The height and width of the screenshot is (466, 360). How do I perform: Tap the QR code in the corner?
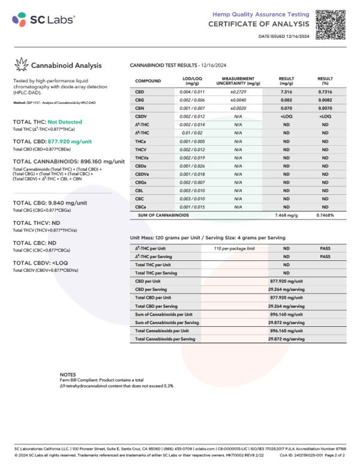[x=331, y=20]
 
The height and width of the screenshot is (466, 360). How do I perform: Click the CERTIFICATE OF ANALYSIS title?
[x=259, y=24]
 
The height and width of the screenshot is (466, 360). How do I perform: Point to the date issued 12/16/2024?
[x=284, y=37]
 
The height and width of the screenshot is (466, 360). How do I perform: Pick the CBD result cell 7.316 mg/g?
[x=286, y=91]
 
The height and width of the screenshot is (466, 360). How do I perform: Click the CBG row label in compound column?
[x=140, y=100]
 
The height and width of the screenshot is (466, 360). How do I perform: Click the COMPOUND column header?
[x=148, y=81]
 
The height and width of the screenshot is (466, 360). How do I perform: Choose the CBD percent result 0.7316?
[x=325, y=91]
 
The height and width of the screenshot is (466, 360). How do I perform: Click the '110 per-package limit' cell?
[x=235, y=248]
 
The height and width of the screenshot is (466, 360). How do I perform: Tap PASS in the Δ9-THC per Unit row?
[x=325, y=248]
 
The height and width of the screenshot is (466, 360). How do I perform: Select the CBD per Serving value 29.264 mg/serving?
[x=286, y=288]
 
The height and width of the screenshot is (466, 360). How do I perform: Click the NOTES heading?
[x=68, y=374]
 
